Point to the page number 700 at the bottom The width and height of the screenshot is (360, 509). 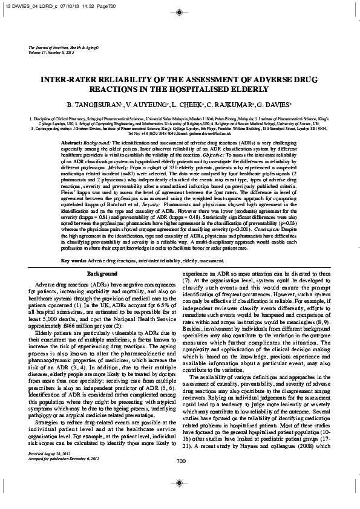(180, 478)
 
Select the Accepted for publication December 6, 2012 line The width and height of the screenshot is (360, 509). (59, 474)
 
